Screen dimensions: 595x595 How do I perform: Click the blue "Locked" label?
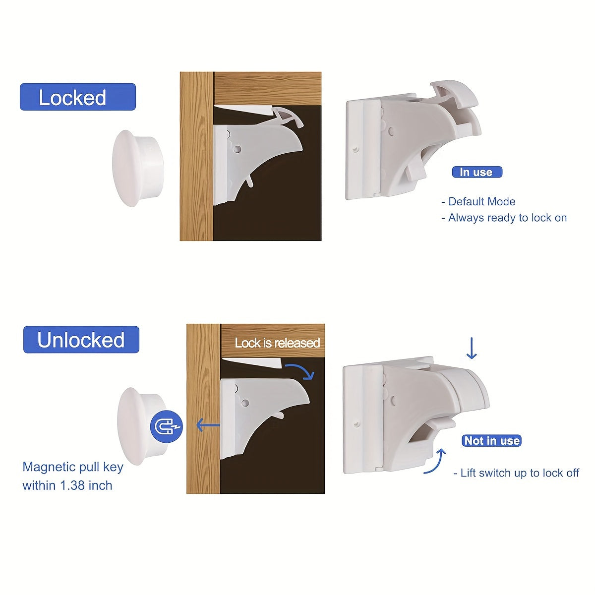pos(77,97)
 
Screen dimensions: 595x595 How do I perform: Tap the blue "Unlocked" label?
pos(81,340)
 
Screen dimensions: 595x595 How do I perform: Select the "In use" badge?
pos(476,172)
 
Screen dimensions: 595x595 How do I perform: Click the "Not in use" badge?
pos(491,440)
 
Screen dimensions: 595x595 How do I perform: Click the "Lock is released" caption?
pos(277,343)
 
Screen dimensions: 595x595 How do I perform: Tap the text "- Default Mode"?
pos(478,201)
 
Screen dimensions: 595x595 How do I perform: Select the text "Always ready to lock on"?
pos(507,218)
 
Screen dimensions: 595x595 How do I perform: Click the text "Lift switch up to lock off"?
pos(519,473)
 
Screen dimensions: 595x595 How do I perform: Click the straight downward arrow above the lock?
pos(471,349)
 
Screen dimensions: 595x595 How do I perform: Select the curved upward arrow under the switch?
pos(435,461)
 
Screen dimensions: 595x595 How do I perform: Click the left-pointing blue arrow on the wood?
pos(208,425)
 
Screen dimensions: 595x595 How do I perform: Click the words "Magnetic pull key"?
pos(72,467)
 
